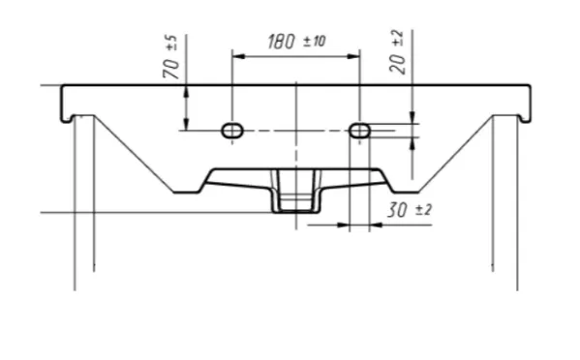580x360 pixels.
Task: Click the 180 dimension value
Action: coord(282,41)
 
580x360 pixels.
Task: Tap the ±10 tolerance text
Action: coord(315,41)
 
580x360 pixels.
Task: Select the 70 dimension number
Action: coord(170,68)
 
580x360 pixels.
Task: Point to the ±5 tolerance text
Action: coord(171,43)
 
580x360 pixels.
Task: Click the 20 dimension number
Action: coord(398,63)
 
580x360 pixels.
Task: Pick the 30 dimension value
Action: coord(397,210)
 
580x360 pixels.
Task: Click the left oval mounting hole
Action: coord(232,131)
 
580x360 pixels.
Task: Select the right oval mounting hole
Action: coord(359,131)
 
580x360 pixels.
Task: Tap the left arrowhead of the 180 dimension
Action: coord(239,56)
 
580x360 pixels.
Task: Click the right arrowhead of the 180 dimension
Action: coord(353,56)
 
